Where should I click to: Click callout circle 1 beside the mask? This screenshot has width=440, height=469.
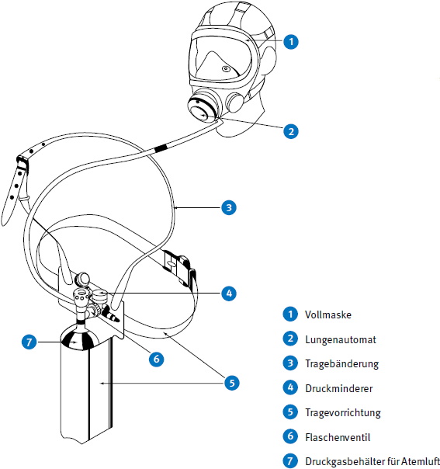(291, 42)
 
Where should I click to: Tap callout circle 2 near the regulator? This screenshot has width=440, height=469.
(291, 131)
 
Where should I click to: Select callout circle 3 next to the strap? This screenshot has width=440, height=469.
(229, 207)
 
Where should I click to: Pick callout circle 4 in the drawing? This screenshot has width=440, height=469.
(229, 294)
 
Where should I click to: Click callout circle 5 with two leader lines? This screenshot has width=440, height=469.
(232, 383)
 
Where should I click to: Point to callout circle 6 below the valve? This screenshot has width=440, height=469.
(156, 359)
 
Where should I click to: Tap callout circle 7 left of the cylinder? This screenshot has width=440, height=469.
(29, 342)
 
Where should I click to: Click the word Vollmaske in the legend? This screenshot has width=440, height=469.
(328, 314)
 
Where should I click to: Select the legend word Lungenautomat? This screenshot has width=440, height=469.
(341, 339)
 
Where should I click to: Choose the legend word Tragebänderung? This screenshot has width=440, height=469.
(341, 364)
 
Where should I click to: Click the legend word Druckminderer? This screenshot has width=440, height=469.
(338, 388)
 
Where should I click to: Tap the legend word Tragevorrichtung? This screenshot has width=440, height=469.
(343, 413)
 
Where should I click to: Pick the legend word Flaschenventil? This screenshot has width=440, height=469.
(338, 437)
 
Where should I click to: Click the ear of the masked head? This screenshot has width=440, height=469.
(269, 60)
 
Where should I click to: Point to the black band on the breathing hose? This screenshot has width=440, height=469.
(161, 148)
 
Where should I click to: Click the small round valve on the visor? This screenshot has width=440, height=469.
(226, 69)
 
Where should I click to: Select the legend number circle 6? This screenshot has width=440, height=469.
(290, 436)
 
